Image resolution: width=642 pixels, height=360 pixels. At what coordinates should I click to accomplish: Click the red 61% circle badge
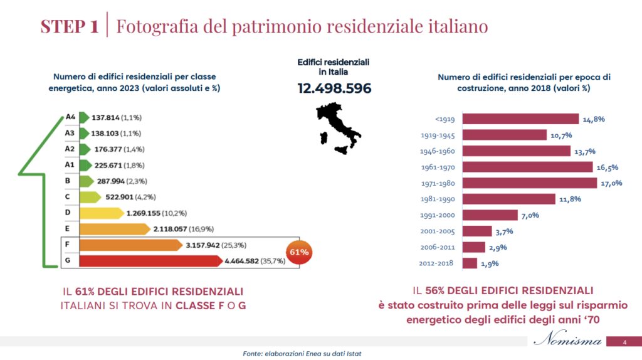point(298,252)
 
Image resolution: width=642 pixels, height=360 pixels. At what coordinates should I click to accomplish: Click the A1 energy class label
point(70,165)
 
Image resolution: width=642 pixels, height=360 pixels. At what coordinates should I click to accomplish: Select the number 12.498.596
point(334,88)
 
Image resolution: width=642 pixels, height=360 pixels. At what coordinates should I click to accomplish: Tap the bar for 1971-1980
point(529,183)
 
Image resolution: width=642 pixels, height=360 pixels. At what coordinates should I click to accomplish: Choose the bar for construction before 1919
point(520,119)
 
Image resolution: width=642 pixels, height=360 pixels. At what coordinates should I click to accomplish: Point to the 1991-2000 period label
point(437,215)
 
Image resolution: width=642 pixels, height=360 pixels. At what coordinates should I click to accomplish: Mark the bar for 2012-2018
point(469,263)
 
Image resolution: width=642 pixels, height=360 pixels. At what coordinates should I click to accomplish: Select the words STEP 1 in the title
point(69,27)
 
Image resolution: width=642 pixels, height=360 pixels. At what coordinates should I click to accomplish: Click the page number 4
point(624,342)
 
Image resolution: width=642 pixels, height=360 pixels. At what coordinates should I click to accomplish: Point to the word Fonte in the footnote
point(253,354)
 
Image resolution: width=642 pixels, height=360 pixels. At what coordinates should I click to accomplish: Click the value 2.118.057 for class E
point(172,229)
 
